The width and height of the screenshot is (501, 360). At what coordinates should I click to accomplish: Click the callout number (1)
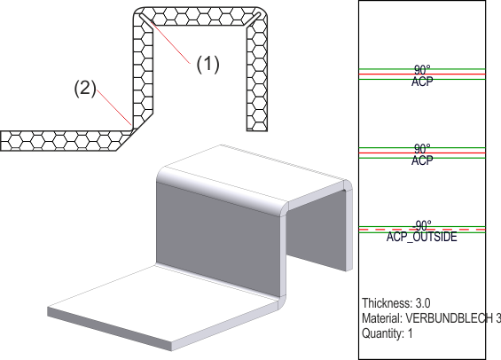click(207, 64)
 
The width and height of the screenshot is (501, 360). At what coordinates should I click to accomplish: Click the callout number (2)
click(85, 88)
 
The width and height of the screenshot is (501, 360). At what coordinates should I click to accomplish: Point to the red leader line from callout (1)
click(170, 42)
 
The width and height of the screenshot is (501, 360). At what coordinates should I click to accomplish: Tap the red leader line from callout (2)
click(114, 107)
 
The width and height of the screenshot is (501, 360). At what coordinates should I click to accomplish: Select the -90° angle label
click(422, 226)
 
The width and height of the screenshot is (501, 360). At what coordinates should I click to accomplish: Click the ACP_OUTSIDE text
click(422, 237)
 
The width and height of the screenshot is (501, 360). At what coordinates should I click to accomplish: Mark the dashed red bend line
click(422, 230)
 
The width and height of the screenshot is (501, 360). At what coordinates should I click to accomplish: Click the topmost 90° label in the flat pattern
click(422, 70)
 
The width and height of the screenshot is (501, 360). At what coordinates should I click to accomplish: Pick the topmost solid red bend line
click(422, 74)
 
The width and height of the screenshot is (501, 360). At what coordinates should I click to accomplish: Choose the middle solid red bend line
click(422, 153)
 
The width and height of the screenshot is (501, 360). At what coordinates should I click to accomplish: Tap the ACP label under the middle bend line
click(422, 160)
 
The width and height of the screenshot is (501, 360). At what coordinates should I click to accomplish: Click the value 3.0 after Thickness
click(423, 303)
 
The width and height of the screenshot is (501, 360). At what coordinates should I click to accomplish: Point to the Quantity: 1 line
click(387, 333)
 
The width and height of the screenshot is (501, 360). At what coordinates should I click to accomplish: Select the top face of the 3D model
click(253, 173)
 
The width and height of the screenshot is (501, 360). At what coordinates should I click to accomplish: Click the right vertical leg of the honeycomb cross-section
click(257, 78)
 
